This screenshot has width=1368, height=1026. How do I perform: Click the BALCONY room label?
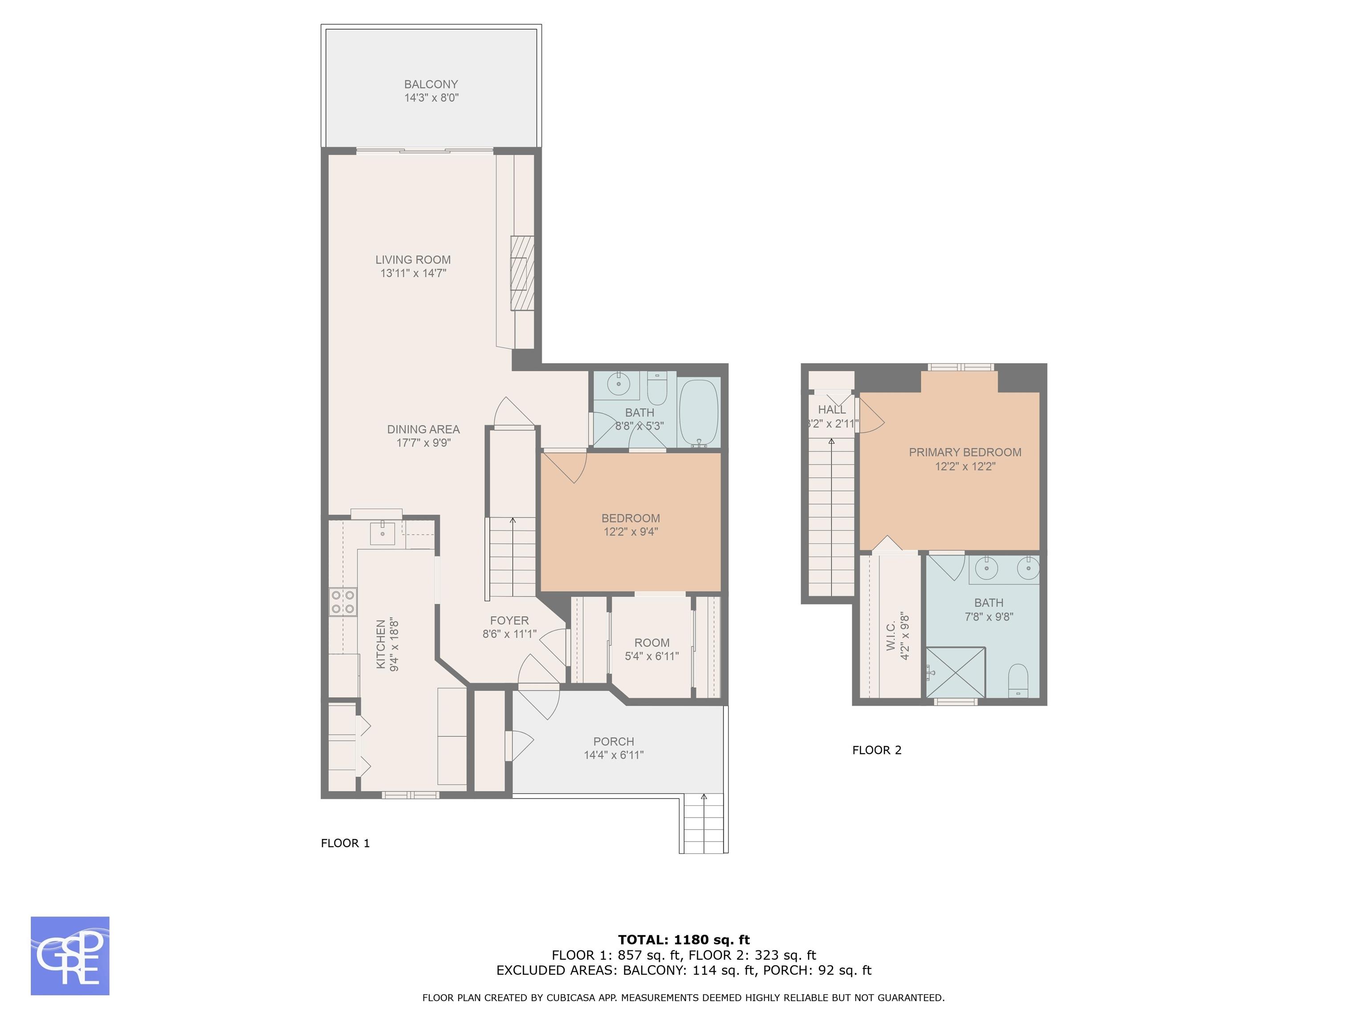coord(431,84)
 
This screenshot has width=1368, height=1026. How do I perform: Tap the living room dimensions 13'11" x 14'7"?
coord(413,273)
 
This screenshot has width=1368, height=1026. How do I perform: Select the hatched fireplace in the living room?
coord(522,273)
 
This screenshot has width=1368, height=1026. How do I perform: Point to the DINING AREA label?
coord(423,429)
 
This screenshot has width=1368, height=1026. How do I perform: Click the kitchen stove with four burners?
coord(342,602)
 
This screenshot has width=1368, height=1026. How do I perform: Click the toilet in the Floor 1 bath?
coord(657,388)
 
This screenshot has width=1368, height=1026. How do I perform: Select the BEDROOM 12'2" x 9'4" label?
coord(631,525)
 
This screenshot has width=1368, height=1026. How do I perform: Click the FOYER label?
coord(509,620)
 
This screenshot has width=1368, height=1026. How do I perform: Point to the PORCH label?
coord(614,741)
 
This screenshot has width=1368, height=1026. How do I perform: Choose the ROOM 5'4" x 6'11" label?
coord(652,649)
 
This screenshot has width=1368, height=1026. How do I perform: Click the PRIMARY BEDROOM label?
coord(965,452)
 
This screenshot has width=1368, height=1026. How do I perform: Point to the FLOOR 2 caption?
coord(877,750)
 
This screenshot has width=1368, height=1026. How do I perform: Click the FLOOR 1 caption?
coord(345,843)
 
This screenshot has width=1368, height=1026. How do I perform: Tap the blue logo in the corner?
coord(70,956)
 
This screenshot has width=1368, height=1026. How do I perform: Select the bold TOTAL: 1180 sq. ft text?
coord(684,940)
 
